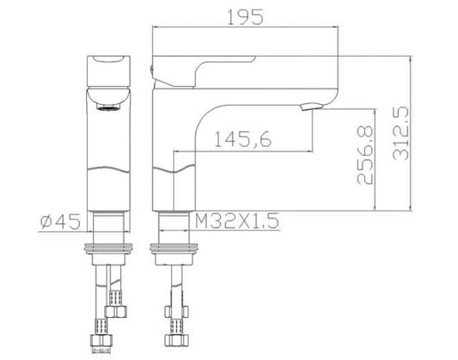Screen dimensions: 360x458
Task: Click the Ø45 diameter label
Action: (x=60, y=222)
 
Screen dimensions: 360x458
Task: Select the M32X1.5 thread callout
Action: (x=238, y=222)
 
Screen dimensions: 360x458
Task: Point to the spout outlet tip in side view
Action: (x=310, y=107)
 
